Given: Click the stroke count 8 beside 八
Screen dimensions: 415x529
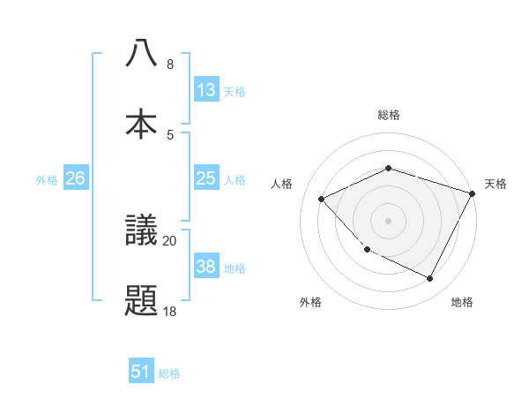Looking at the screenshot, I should [x=170, y=64].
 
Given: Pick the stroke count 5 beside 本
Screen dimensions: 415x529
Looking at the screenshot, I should [x=170, y=134].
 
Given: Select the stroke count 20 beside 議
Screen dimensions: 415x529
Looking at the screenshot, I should [x=169, y=240].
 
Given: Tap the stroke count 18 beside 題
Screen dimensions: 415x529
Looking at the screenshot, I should [x=169, y=311].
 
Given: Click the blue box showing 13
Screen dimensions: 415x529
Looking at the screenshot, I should [x=206, y=90].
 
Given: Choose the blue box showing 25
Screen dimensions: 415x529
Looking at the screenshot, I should [x=206, y=178].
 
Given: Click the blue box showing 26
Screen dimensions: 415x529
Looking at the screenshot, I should [x=76, y=178].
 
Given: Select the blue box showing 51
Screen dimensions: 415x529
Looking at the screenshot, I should [x=141, y=373].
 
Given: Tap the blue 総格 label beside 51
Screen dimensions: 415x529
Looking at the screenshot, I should [x=169, y=373].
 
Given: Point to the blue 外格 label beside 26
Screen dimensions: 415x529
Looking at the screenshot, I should [x=47, y=179].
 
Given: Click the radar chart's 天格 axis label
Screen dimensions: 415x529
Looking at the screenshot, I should [x=495, y=184].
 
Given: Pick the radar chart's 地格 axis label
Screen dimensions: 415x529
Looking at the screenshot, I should [x=462, y=302].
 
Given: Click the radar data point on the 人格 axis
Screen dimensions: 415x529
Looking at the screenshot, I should [x=322, y=200].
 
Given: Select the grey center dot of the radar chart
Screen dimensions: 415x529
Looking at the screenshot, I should [x=388, y=220].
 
